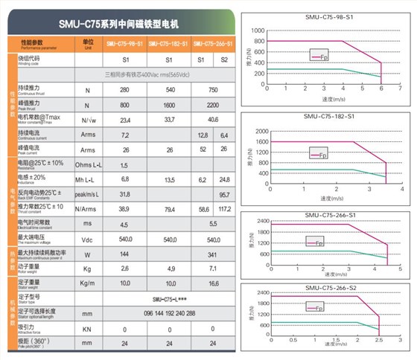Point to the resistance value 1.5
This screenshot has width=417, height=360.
[124, 164]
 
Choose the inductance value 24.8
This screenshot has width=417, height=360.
[224, 179]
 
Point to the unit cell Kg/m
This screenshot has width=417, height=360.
[88, 283]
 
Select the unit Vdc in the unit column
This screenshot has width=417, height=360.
[88, 240]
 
